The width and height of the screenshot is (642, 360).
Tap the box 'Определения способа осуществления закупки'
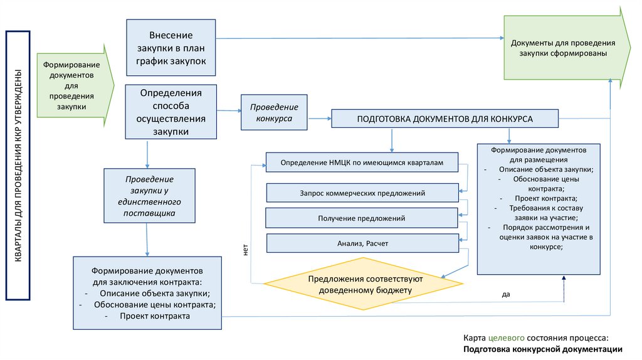(171, 112)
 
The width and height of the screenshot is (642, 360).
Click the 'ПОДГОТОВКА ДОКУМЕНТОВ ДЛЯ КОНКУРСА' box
(445, 119)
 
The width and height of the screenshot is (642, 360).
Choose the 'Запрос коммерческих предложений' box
(362, 193)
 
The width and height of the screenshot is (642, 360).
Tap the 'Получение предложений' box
(362, 218)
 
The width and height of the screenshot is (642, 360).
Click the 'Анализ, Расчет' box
(362, 243)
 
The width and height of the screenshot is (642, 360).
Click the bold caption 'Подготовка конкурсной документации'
(543, 349)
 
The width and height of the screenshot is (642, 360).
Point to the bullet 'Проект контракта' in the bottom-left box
(155, 316)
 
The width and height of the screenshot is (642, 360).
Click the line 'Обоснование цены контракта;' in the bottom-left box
(155, 305)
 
